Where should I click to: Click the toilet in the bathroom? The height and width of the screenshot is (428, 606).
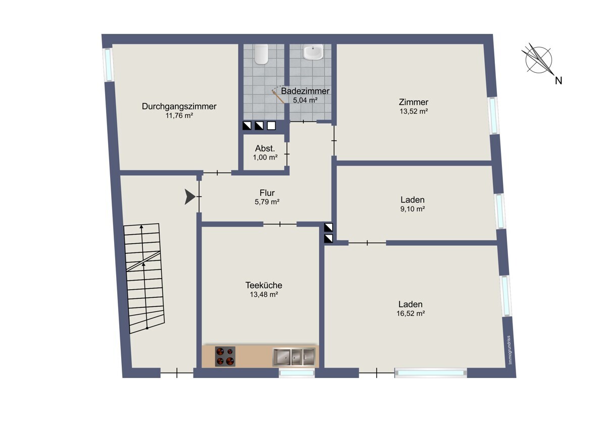click(x=262, y=54)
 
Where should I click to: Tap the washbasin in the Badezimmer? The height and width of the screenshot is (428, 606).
click(x=313, y=51)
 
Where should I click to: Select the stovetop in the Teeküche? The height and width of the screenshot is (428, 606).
click(x=225, y=356)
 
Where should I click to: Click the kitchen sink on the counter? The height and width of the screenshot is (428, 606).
click(x=294, y=357)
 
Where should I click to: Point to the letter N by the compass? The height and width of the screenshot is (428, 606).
click(x=559, y=81)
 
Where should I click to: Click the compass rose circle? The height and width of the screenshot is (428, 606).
click(x=539, y=60)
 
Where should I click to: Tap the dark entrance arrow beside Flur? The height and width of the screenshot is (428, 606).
click(x=190, y=196)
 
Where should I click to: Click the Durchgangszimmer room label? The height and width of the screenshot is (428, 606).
click(x=179, y=106)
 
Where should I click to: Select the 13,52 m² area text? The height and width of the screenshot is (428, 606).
click(x=414, y=111)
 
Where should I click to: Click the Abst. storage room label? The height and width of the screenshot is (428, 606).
click(x=265, y=148)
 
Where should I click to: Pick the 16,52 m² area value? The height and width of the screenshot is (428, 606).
click(x=411, y=313)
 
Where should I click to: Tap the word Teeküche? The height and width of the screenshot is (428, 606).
click(x=264, y=285)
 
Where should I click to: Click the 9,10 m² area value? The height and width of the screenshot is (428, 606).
click(x=413, y=209)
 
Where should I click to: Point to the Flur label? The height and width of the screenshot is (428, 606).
click(x=267, y=193)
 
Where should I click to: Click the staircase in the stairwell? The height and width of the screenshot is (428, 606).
click(x=144, y=279)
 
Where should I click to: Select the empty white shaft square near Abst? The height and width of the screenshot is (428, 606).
click(x=271, y=126)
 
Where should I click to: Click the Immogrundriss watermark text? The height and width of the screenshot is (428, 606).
click(x=510, y=350)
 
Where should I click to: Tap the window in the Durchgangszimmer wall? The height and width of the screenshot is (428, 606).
click(x=108, y=64)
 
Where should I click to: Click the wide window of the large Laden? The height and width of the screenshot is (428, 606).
click(x=431, y=373)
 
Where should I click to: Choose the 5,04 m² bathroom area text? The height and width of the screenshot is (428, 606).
click(x=305, y=100)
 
